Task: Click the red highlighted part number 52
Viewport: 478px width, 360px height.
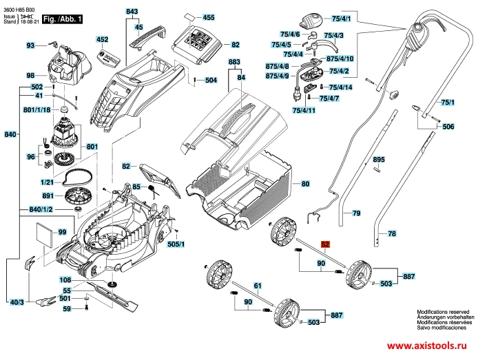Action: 326,244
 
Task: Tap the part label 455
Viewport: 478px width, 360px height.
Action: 209,17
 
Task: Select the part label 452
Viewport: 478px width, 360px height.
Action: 102,40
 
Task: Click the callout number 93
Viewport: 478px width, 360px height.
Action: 30,45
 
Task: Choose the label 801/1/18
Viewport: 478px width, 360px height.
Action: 37,110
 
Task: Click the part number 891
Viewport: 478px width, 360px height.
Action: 48,197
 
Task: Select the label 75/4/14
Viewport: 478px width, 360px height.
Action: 340,87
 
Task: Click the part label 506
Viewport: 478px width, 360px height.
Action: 448,127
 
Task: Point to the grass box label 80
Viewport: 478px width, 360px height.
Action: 305,184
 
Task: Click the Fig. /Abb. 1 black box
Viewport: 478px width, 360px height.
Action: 62,20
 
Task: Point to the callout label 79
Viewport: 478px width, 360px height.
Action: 356,214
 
